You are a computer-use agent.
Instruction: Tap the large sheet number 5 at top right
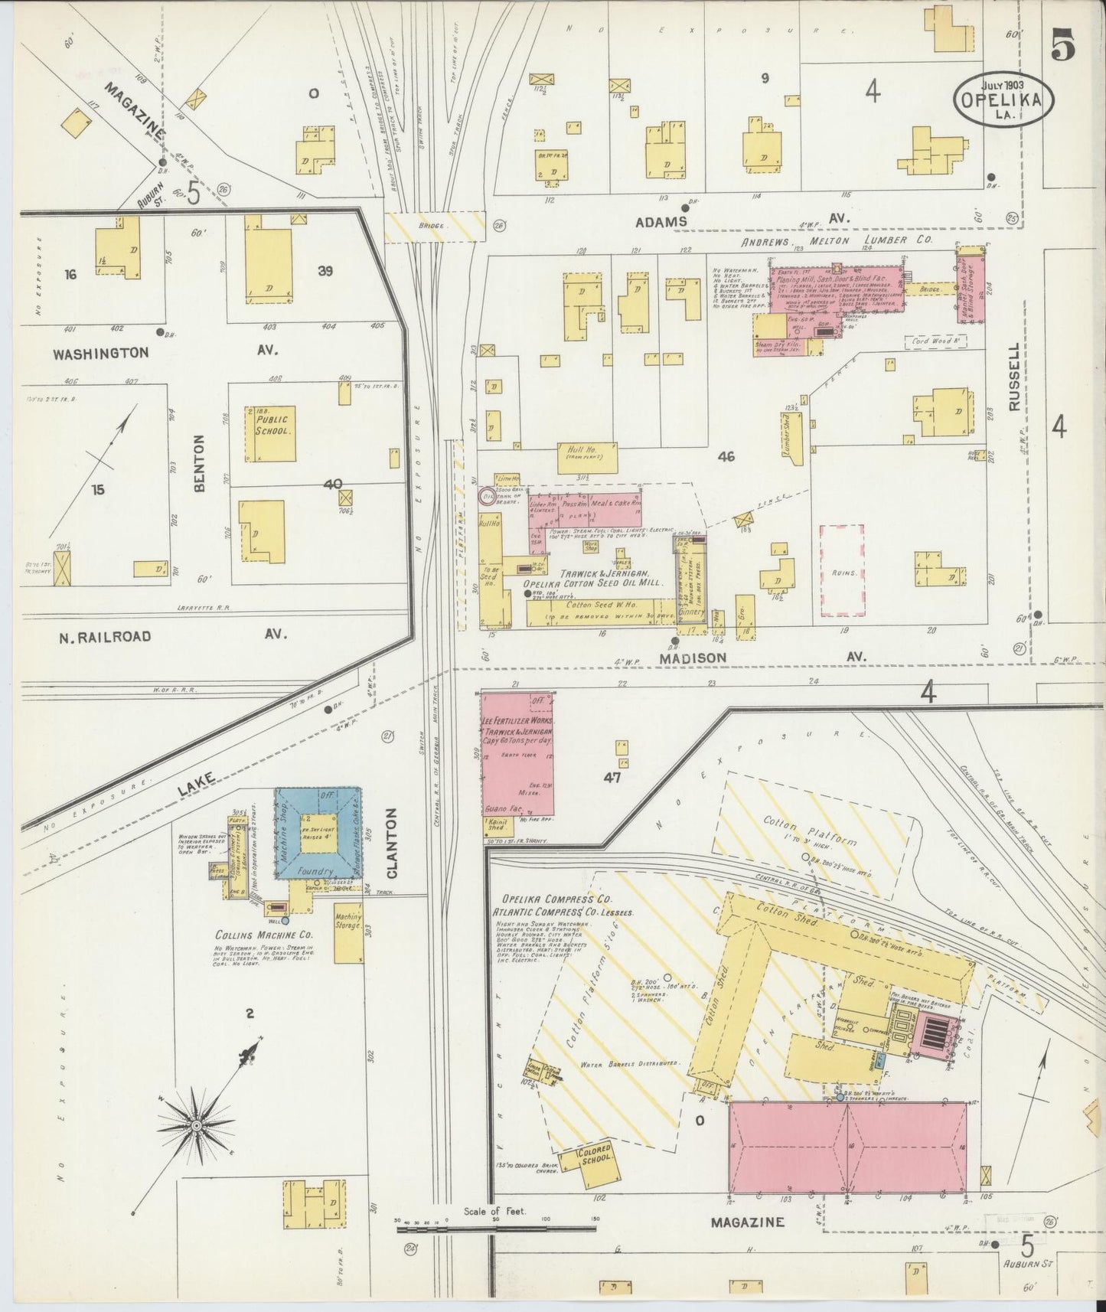coord(1063,47)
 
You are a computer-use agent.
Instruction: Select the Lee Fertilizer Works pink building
coord(517,754)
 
